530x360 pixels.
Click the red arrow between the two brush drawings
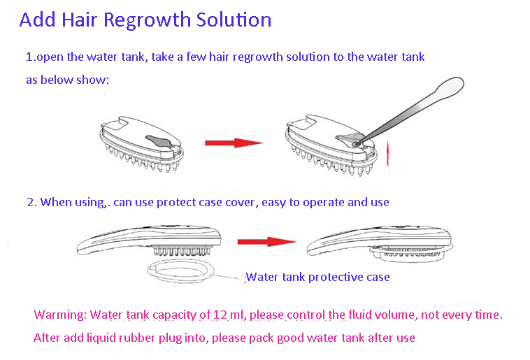[233, 143]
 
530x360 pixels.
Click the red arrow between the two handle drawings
[266, 242]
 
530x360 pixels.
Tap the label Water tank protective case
[317, 277]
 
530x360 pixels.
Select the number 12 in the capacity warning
[222, 315]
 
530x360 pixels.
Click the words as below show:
[68, 80]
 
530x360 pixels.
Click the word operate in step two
[321, 202]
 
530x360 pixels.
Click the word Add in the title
[36, 20]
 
